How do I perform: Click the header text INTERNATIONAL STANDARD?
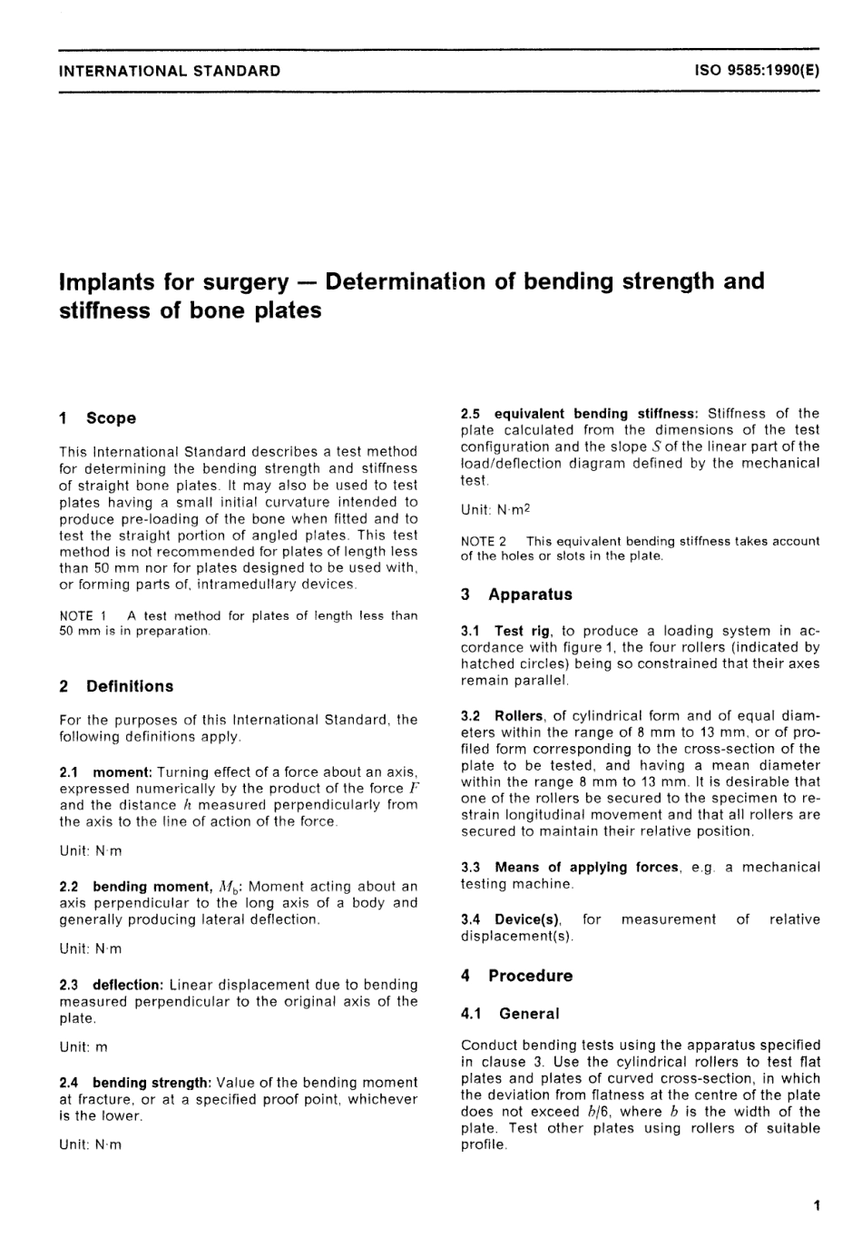point(170,71)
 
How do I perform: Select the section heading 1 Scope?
point(97,418)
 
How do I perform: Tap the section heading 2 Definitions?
point(115,687)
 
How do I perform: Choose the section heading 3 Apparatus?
point(516,595)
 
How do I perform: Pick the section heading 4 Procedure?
point(516,977)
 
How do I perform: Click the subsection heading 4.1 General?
point(510,1014)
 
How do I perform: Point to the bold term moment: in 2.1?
point(122,772)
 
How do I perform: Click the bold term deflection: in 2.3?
point(128,985)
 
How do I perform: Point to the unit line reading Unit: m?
point(83,1047)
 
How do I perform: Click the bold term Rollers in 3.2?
point(519,716)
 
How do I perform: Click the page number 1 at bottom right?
point(817,1206)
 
